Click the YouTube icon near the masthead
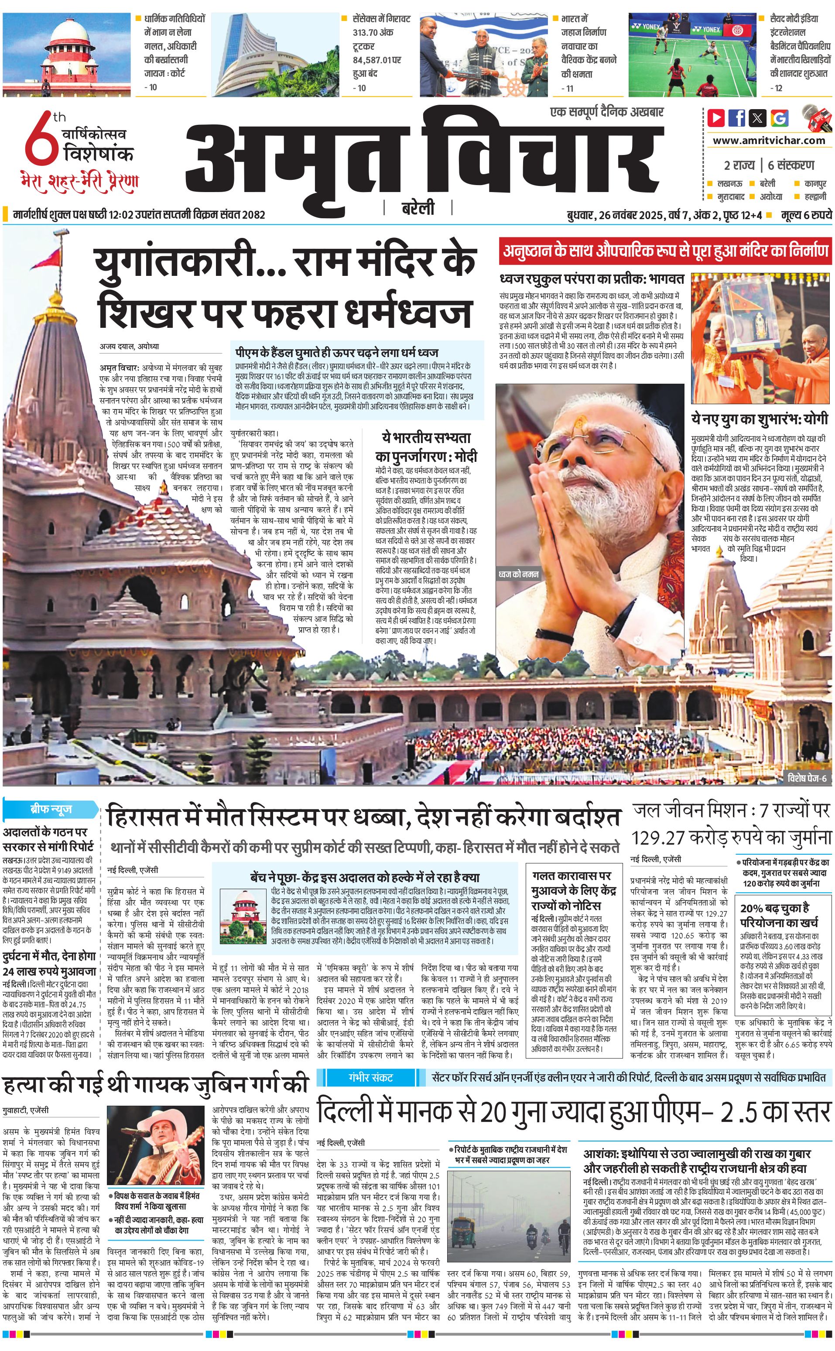716,118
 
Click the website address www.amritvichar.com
769,141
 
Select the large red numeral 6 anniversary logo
42,141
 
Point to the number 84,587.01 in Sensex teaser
376,60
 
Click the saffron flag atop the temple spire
54,258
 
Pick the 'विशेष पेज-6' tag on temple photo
807,778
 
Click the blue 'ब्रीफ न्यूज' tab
50,809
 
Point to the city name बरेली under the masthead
418,208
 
